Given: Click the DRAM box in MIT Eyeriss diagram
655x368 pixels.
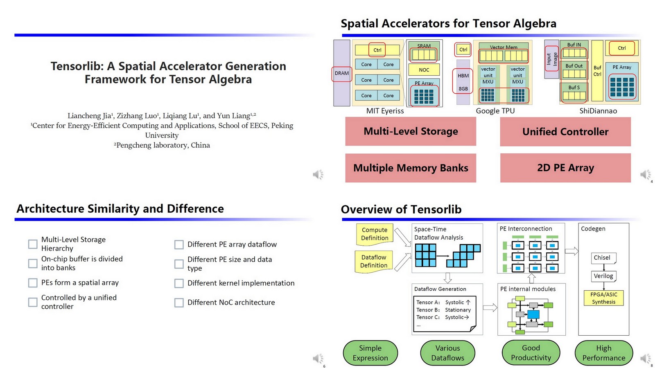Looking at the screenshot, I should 341,74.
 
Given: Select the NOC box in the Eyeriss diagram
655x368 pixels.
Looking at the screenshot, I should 424,70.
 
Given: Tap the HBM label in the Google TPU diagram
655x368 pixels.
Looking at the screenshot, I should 463,76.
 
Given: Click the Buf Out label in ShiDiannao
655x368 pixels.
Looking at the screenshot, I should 574,66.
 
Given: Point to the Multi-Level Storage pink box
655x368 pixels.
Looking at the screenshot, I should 410,131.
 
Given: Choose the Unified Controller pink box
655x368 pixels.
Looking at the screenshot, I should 565,132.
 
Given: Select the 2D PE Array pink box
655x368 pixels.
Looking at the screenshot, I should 565,168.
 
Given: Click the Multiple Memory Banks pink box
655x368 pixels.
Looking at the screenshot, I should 410,168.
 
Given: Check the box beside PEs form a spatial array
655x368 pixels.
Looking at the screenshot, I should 33,283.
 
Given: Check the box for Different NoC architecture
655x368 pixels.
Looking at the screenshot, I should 179,303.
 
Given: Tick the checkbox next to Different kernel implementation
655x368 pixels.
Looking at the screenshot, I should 179,283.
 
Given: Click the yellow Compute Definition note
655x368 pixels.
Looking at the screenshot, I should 374,234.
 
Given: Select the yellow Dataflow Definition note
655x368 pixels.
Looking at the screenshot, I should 373,261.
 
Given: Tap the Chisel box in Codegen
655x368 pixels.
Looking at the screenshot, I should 603,258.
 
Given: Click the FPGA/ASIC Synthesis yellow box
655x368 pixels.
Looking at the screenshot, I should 603,298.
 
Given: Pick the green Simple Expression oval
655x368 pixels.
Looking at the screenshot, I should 370,353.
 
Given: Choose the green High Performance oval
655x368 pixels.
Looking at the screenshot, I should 603,353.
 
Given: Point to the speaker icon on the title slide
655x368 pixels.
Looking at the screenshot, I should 318,175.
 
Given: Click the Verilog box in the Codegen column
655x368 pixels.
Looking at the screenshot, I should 603,276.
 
